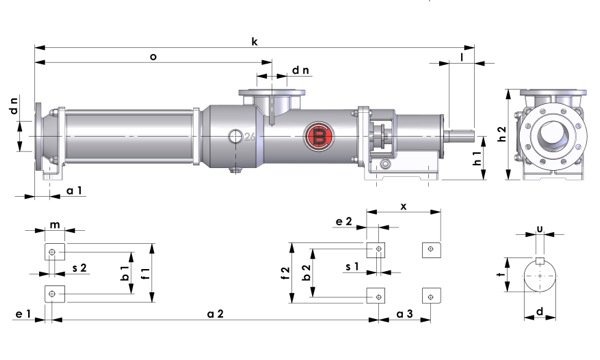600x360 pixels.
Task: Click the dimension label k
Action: pos(255,41)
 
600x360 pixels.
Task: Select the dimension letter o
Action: pos(152,57)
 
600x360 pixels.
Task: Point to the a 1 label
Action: pos(74,189)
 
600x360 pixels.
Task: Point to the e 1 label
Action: pos(22,314)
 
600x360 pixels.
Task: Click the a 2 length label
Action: pos(214,314)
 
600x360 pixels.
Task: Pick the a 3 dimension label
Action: pos(405,314)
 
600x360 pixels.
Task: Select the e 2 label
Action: pos(343,221)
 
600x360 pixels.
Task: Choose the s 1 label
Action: pos(351,269)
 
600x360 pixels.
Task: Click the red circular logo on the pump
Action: pos(320,137)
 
